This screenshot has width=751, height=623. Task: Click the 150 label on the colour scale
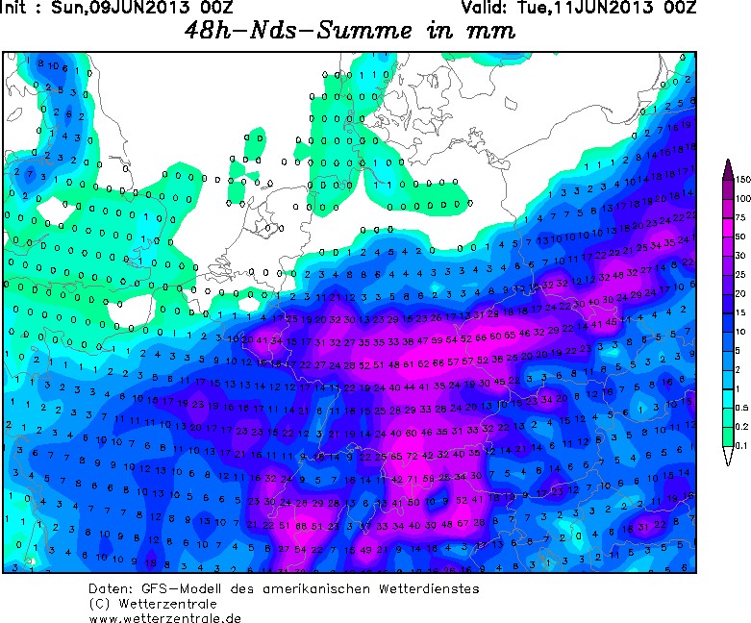tap(742, 179)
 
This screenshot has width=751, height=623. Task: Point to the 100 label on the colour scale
tap(742, 198)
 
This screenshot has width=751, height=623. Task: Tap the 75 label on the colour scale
tap(741, 217)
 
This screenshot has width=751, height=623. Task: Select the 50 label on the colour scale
tap(741, 237)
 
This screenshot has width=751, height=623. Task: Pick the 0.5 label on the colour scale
tap(741, 407)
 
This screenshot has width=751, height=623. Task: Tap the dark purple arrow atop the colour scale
tap(729, 169)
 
